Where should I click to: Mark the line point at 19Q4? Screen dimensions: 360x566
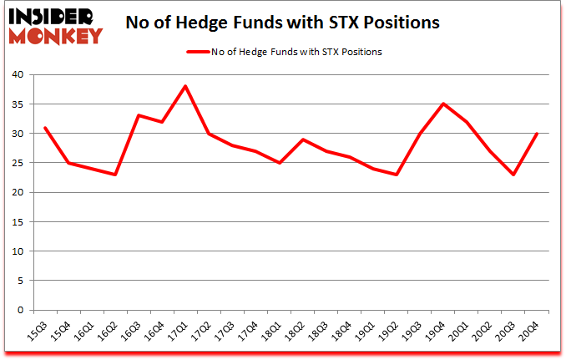pos(442,104)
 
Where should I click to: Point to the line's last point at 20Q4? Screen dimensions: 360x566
pos(536,134)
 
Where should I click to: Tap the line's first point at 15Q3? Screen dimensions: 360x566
pos(45,128)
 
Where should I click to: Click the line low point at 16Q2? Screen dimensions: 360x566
pos(115,175)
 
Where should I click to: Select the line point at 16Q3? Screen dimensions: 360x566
pos(139,115)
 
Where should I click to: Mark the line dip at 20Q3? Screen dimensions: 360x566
pos(513,175)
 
